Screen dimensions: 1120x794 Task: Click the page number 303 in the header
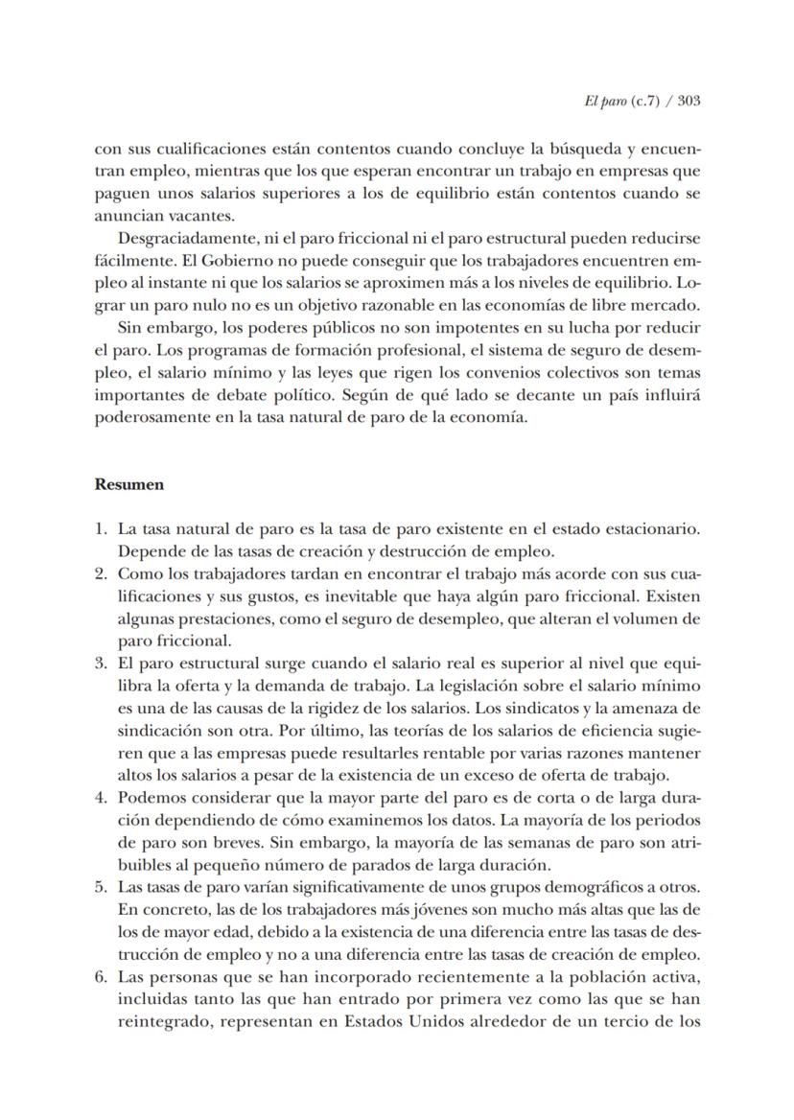click(x=686, y=101)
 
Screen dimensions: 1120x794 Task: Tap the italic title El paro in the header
click(x=602, y=101)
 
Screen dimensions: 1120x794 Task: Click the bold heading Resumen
click(x=128, y=484)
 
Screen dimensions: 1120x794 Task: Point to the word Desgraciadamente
click(x=175, y=237)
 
